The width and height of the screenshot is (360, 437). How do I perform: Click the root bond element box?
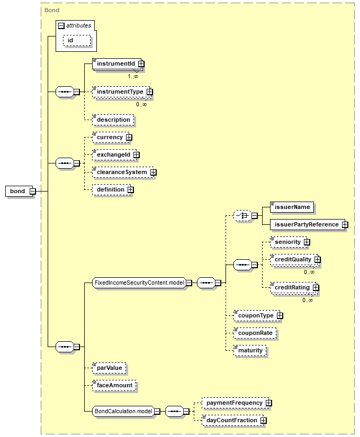click(17, 191)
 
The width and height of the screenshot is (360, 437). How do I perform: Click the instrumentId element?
click(114, 64)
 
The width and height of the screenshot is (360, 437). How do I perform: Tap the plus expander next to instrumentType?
click(149, 92)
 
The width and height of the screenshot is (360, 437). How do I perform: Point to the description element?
click(113, 120)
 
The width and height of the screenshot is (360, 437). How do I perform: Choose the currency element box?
click(109, 138)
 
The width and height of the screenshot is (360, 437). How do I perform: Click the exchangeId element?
click(113, 155)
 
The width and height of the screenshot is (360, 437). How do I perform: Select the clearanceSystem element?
click(121, 172)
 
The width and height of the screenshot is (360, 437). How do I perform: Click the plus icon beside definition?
click(130, 190)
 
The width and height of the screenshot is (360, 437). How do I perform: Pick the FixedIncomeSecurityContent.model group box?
click(139, 283)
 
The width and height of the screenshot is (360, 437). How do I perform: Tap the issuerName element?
click(291, 207)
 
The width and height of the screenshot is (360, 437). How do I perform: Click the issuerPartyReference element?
click(306, 225)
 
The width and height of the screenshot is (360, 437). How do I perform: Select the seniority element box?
click(287, 242)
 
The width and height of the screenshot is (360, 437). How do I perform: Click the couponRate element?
click(255, 333)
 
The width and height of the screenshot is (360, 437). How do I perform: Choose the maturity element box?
click(250, 351)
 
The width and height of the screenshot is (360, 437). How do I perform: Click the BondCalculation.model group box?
click(123, 411)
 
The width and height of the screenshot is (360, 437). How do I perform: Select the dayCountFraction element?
click(232, 421)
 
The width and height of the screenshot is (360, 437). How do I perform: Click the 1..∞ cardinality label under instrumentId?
click(133, 76)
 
